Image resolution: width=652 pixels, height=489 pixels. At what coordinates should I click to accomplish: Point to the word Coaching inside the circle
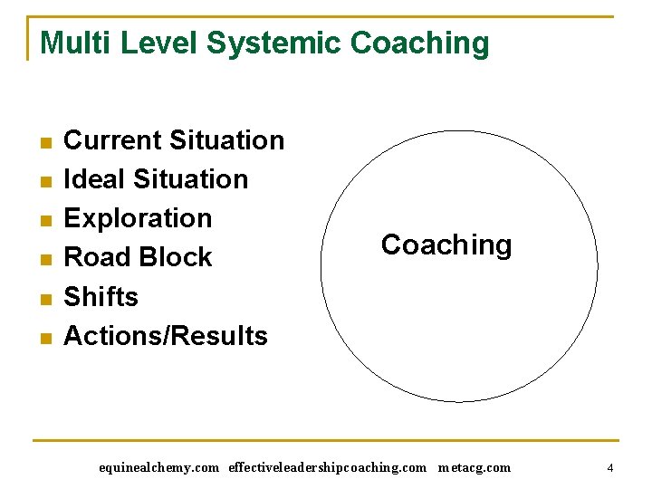[x=446, y=245]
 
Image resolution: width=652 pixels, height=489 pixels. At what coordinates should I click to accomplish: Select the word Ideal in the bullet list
[x=94, y=179]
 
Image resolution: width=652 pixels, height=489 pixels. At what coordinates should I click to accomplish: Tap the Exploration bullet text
[x=138, y=219]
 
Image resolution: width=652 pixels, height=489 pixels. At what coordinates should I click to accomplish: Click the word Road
[x=96, y=258]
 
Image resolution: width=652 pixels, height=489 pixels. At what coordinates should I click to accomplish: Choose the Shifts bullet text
[x=101, y=297]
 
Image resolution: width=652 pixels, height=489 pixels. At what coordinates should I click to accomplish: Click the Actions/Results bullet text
[x=166, y=336]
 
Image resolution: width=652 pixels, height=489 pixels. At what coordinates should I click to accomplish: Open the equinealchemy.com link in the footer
[x=158, y=468]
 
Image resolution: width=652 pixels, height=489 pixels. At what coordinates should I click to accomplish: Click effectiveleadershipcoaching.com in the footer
[x=327, y=468]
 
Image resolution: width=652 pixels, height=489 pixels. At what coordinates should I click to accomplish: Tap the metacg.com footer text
[x=474, y=468]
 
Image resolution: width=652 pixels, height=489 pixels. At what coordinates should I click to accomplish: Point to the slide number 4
[x=610, y=468]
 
